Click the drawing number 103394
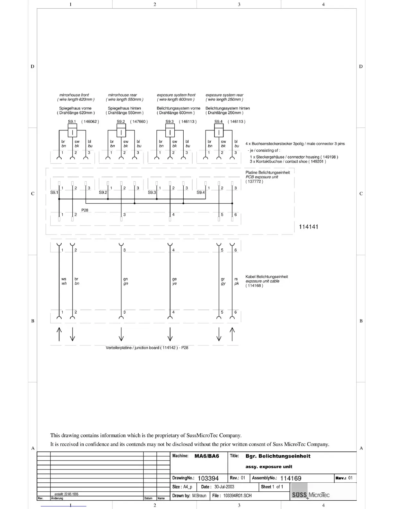[208, 478]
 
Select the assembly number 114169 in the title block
[291, 478]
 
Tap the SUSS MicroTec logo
[310, 495]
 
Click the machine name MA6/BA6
[207, 456]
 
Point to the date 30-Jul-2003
[224, 487]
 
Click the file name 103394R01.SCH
[237, 496]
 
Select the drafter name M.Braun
[199, 496]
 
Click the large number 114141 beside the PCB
[309, 227]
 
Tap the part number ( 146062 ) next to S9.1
[90, 121]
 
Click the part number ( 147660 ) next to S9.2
[139, 121]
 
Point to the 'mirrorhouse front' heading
[74, 95]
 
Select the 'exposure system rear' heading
[224, 95]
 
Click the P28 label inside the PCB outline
[85, 210]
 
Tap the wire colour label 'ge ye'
[174, 281]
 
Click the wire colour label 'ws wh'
[64, 281]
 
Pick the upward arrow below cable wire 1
[59, 334]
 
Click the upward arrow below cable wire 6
[232, 334]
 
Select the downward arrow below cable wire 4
[170, 334]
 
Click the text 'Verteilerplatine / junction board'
[133, 348]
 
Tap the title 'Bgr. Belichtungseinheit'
[278, 456]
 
